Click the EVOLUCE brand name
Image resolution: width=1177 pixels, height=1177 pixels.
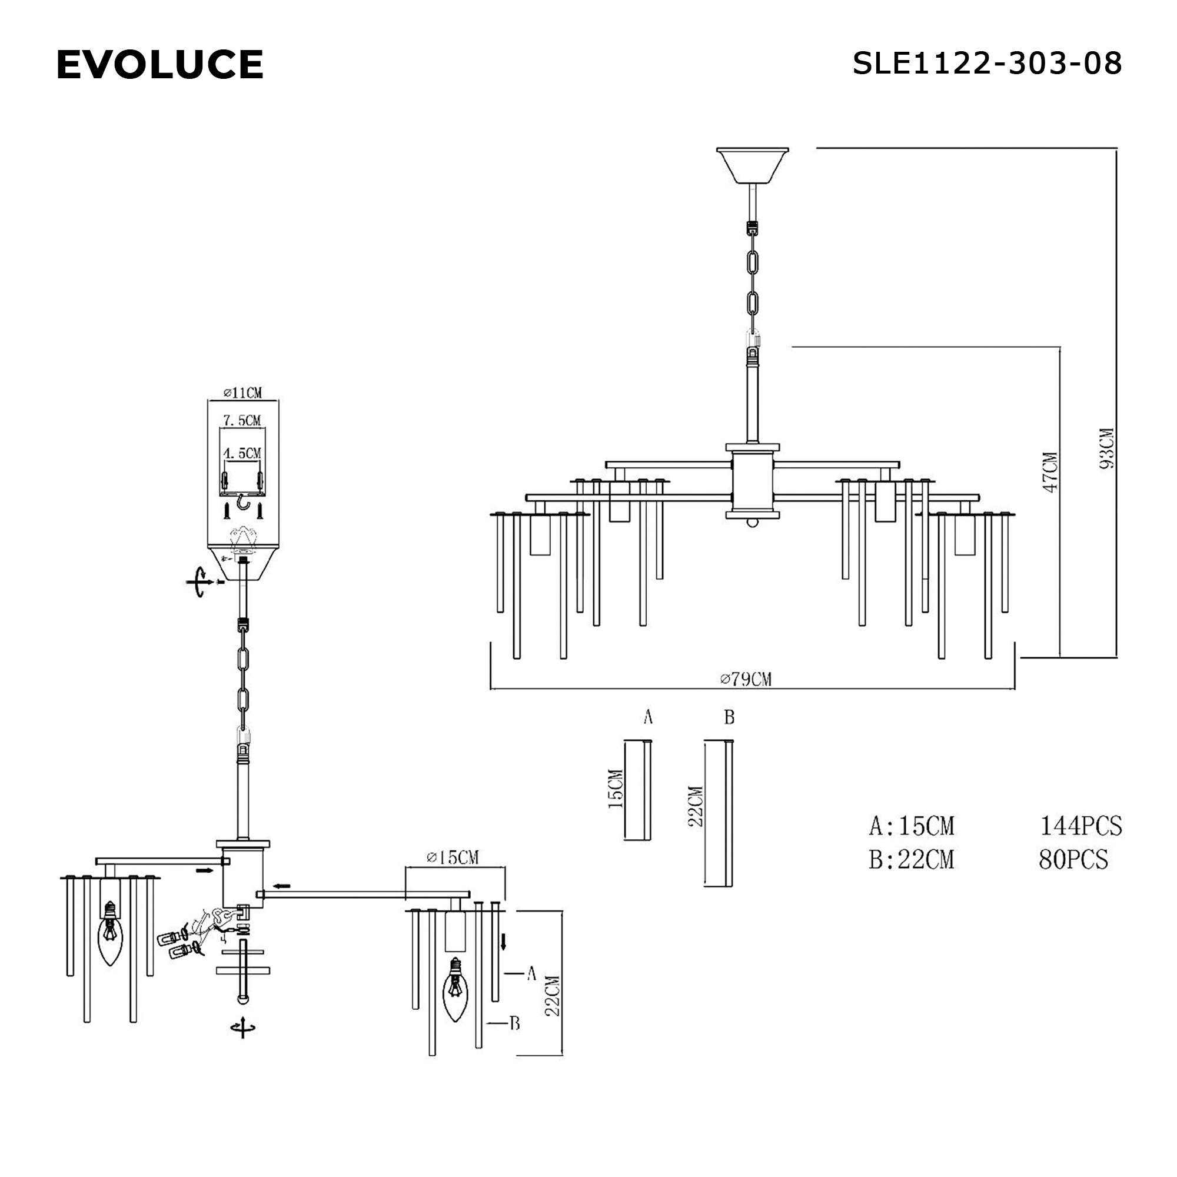pos(159,65)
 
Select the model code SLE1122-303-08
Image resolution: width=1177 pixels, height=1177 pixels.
pos(987,64)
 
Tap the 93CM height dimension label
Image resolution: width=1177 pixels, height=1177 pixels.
pos(1106,448)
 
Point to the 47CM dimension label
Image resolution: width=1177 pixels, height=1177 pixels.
pos(1050,472)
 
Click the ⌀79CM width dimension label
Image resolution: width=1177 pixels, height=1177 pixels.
pos(746,679)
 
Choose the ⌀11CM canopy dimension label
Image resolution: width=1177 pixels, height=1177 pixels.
pos(242,393)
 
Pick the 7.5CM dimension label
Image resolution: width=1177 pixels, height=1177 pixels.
pos(242,420)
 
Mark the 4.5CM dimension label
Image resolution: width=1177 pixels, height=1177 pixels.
pos(242,453)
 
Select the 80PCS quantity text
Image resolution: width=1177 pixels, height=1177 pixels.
pos(1073,859)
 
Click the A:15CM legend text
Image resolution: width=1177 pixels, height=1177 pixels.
pos(912,826)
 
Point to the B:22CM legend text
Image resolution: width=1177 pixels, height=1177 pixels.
pos(912,860)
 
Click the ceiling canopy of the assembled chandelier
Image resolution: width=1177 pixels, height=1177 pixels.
pos(752,166)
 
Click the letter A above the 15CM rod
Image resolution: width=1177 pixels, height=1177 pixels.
pos(648,717)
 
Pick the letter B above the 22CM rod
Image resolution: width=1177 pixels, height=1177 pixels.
pos(729,717)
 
